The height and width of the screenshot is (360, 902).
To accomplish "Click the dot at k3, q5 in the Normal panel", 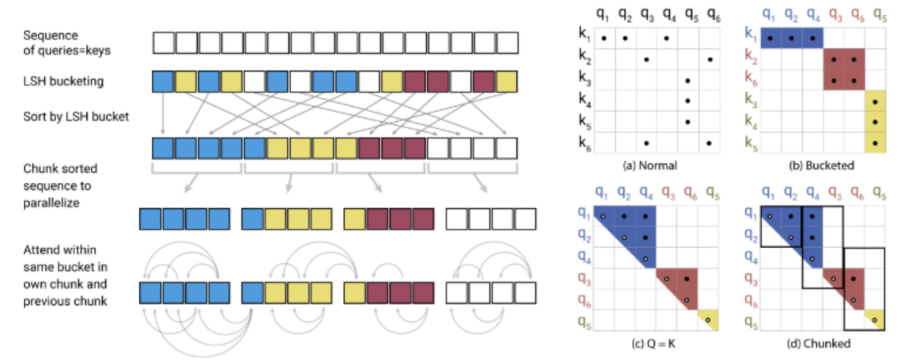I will point(687,81).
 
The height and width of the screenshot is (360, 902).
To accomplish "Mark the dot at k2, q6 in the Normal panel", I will point(708,59).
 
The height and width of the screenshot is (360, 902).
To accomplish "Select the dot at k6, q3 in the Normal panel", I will point(645,143).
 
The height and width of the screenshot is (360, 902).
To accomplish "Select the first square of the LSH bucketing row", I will point(163,81).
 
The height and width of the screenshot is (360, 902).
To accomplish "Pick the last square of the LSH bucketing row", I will point(506,81).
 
